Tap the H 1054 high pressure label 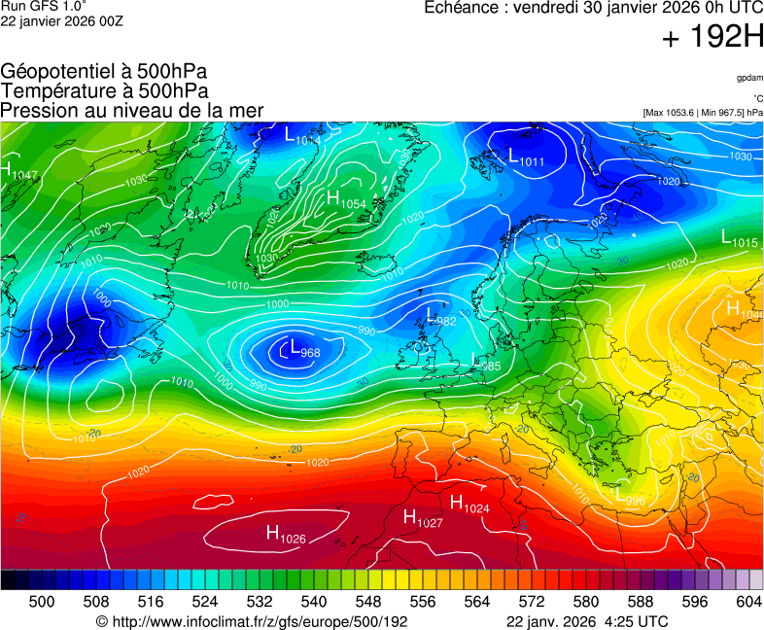346,200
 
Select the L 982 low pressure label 440,317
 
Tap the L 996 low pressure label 629,495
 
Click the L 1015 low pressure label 740,238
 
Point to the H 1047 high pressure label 19,172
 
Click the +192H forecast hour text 712,38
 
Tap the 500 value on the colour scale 42,602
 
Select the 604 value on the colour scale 748,602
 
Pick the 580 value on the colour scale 586,602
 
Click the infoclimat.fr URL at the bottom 252,621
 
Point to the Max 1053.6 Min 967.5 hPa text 703,113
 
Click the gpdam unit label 748,78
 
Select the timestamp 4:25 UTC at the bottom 637,621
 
